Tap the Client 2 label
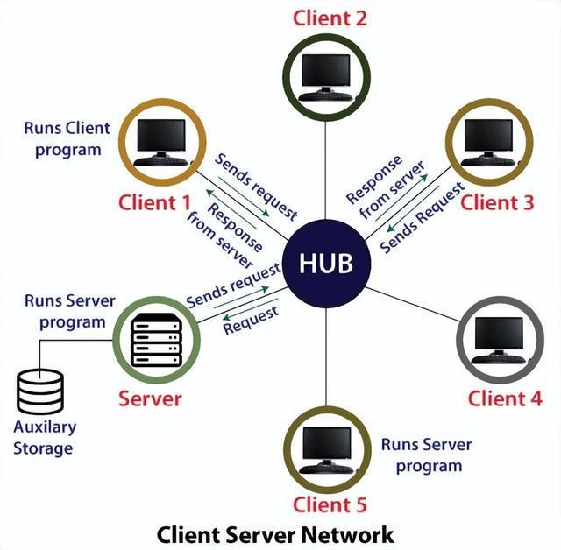click(x=330, y=17)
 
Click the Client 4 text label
click(x=504, y=399)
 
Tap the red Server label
click(x=150, y=399)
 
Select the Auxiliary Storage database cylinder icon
click(x=40, y=392)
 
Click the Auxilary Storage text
click(x=45, y=438)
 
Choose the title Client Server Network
click(x=275, y=534)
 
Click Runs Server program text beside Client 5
click(x=427, y=455)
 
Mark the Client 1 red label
click(x=154, y=203)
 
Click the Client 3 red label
click(x=497, y=203)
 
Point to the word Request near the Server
click(x=251, y=321)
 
